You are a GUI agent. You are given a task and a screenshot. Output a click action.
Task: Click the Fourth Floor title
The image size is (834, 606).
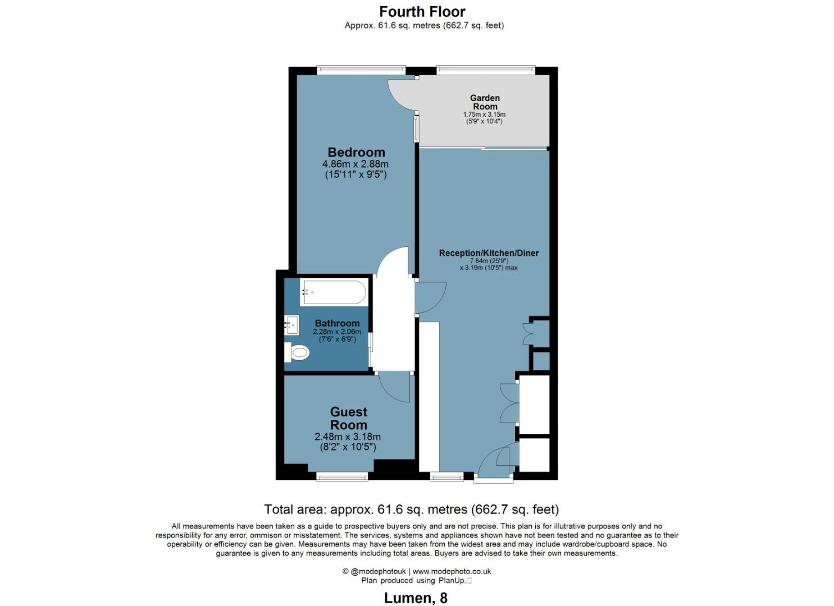click(422, 12)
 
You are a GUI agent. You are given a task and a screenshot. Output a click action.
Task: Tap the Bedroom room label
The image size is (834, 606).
click(356, 152)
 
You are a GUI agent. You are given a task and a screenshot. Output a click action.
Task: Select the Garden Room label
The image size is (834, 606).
click(484, 102)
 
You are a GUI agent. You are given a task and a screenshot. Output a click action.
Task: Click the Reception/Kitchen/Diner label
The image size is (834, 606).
click(489, 253)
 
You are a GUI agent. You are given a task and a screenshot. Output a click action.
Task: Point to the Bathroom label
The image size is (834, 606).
click(337, 323)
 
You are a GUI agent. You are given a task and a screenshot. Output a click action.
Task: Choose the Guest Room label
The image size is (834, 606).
click(349, 418)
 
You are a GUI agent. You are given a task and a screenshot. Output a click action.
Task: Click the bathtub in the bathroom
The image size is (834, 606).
click(334, 292)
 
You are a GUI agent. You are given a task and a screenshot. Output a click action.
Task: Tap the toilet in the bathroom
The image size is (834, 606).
click(297, 352)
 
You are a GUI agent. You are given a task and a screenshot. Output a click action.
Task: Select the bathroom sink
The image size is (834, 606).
click(291, 325)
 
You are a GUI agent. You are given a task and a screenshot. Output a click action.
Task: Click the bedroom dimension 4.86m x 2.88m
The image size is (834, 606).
click(355, 164)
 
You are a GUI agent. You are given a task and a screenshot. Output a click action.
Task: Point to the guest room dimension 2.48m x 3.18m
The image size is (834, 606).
click(348, 437)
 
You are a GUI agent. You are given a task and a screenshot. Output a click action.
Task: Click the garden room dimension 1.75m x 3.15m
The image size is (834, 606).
click(484, 114)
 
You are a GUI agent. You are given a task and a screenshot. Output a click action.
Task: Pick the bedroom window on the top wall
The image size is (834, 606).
click(361, 68)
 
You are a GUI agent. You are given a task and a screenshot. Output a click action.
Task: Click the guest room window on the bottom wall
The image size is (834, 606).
click(342, 476)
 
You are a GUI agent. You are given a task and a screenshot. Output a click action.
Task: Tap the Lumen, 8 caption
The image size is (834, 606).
click(416, 598)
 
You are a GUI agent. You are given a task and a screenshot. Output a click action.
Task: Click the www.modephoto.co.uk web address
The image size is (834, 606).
click(452, 571)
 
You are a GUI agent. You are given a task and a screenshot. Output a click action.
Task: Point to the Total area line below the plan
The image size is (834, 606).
click(412, 509)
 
